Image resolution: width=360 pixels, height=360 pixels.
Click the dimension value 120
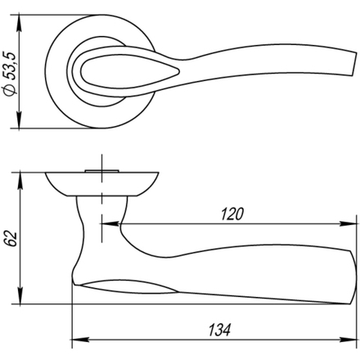[x=232, y=214]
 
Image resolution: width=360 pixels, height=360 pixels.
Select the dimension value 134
[x=219, y=330]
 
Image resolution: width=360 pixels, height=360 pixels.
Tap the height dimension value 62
[x=11, y=239]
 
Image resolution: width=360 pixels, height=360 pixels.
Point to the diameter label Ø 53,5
[x=11, y=74]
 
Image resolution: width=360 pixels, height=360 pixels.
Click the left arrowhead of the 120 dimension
[x=110, y=224]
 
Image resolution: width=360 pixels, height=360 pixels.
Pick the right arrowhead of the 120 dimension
[x=348, y=224]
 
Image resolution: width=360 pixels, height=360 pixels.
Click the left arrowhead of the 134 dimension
[x=80, y=340]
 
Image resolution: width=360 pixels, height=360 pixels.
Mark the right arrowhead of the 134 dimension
[x=348, y=340]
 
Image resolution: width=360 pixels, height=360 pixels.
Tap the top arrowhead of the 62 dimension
[x=20, y=181]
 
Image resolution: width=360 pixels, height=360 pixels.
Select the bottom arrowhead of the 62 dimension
[x=20, y=295]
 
